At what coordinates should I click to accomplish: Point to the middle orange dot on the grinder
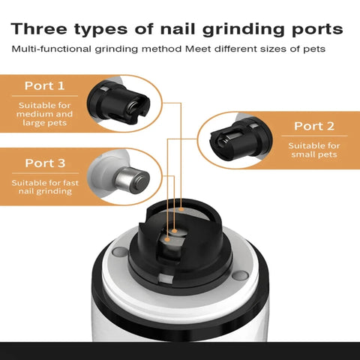[175, 231]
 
